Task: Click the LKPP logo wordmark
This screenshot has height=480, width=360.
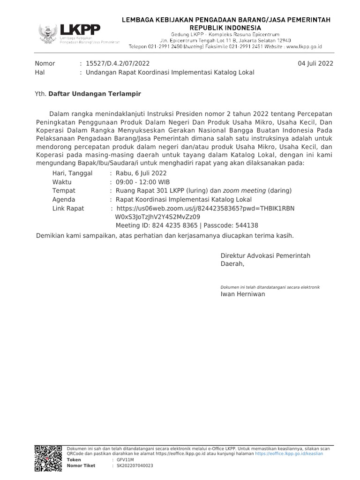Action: click(80, 30)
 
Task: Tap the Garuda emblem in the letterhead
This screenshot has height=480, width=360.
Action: click(48, 34)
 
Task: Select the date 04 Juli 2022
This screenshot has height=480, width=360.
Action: click(315, 64)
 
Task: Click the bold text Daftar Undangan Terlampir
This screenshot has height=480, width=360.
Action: click(95, 94)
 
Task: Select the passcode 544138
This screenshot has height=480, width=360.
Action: click(247, 225)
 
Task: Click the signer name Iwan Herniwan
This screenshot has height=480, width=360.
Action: click(242, 294)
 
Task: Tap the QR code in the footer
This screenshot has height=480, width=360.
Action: click(48, 458)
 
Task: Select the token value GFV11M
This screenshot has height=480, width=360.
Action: click(125, 460)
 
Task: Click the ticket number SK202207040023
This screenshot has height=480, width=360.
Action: click(135, 465)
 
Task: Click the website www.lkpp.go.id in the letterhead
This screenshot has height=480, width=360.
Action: click(303, 47)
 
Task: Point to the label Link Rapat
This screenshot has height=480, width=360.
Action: click(68, 208)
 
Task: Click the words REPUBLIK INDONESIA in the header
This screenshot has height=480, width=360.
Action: click(226, 28)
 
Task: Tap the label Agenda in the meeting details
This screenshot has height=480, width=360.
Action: click(64, 199)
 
